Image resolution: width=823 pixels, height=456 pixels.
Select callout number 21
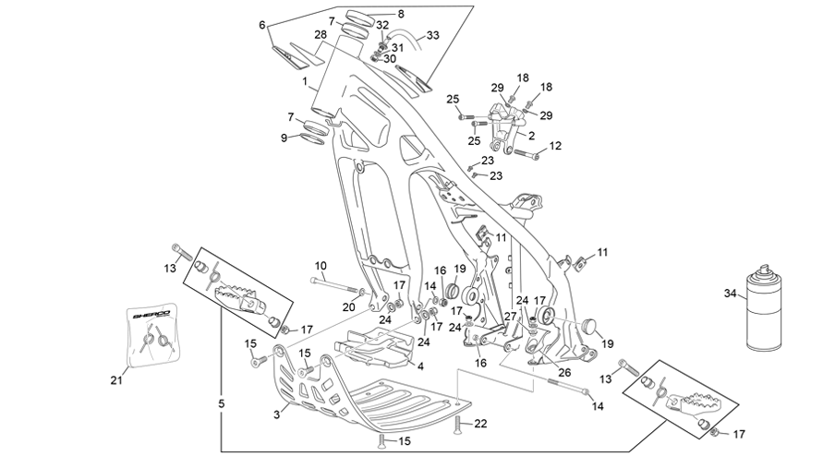(116, 380)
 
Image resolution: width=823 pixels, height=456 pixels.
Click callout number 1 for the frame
(305, 81)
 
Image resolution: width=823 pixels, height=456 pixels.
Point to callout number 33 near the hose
(432, 35)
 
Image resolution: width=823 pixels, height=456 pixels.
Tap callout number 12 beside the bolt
(555, 145)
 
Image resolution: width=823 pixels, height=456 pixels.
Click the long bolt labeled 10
(336, 285)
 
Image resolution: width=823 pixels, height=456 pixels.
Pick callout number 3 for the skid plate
(276, 414)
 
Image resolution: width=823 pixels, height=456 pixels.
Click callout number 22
(480, 424)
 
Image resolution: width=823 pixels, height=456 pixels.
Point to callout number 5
(221, 403)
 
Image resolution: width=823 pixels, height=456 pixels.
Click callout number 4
(420, 366)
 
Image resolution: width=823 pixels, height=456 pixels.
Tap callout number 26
(563, 373)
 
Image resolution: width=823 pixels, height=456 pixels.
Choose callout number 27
(510, 317)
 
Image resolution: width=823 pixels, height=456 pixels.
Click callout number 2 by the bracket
(531, 136)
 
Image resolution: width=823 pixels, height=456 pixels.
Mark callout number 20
(348, 307)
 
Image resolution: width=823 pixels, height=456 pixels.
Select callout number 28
(321, 35)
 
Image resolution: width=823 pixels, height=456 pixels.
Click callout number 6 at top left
(262, 25)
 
